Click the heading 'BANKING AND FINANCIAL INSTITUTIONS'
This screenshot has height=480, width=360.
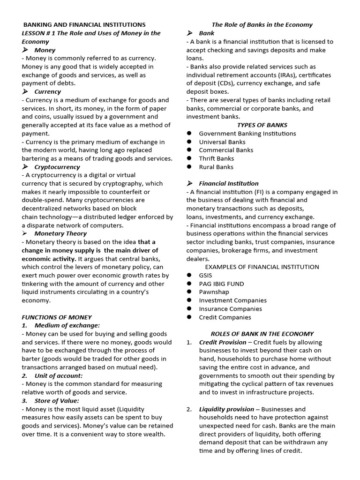[84, 25]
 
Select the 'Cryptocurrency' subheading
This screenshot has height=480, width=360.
[57, 167]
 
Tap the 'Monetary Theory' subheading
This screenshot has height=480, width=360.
[60, 233]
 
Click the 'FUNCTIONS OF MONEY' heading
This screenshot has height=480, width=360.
[57, 317]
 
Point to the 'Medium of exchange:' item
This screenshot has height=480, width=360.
[67, 325]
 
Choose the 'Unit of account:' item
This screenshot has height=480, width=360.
[58, 375]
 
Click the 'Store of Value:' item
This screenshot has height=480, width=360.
[57, 401]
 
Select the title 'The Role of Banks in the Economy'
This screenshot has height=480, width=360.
[262, 25]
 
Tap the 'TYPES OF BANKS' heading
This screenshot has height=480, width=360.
[262, 125]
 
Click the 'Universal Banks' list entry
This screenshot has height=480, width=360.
[222, 142]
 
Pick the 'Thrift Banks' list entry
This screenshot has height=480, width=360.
[217, 158]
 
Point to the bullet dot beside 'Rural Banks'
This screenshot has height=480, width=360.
[189, 167]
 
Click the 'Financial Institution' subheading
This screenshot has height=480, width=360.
[229, 183]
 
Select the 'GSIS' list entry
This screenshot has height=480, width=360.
[205, 275]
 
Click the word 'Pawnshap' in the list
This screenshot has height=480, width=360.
[214, 292]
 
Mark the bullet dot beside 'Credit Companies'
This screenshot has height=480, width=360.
[189, 317]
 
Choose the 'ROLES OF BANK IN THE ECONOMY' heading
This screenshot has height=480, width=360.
[262, 334]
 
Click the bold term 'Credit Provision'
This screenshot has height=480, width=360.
[223, 342]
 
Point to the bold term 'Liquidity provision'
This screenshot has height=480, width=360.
[226, 409]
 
